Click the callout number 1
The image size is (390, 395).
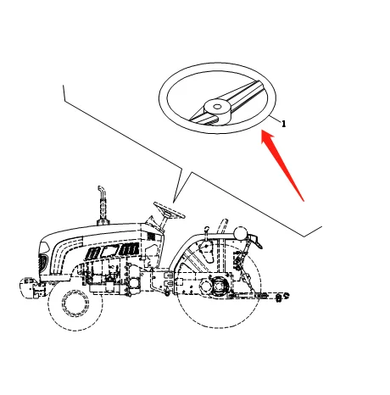[283, 124]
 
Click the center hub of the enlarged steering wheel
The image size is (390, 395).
[217, 107]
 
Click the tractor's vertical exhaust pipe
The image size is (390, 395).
[100, 203]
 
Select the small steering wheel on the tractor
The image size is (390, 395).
[169, 209]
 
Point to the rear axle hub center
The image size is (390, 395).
[220, 287]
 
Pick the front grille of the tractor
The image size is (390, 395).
[43, 258]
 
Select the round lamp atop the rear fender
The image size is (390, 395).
[241, 232]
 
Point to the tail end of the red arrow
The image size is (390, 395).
[303, 200]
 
